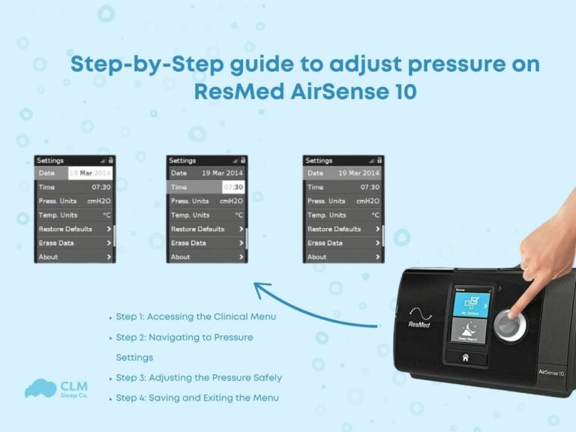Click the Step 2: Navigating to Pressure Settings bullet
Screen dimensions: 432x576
pos(184,337)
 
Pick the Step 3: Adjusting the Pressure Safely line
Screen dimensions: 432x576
pos(198,377)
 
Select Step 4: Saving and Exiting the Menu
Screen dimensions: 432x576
pos(196,397)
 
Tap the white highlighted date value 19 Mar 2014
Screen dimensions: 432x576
pos(90,173)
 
